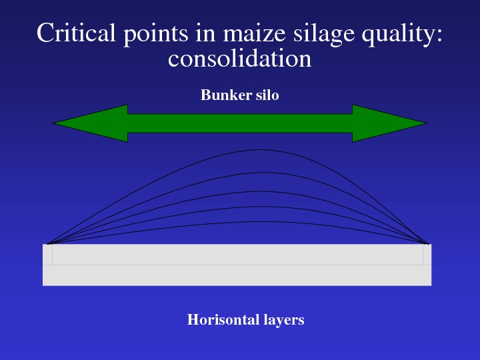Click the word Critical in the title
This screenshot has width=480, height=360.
(76, 33)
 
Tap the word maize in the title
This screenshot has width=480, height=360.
(255, 33)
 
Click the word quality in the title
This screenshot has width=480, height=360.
(397, 34)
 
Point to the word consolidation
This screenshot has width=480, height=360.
(240, 58)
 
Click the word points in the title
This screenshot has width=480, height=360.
(155, 34)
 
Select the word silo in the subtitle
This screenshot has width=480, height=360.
(267, 95)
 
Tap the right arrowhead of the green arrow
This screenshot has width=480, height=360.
(389, 123)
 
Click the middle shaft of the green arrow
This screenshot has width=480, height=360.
(240, 123)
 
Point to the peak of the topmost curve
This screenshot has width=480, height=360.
(260, 150)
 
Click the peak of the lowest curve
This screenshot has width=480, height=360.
(254, 221)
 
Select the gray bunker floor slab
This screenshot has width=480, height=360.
(237, 265)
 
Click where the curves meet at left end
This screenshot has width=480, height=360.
(49, 244)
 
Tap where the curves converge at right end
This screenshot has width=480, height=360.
(427, 244)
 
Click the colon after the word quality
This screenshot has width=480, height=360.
(439, 34)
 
